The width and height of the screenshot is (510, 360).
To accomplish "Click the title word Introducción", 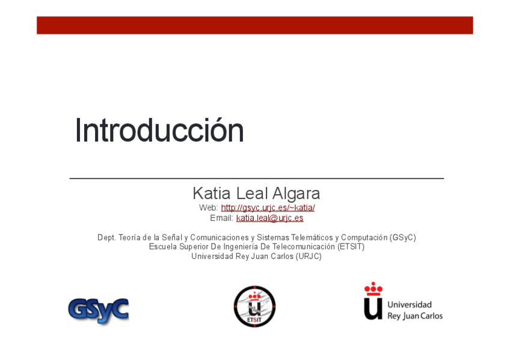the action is [159, 130].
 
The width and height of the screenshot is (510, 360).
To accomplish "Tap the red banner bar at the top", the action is [254, 25].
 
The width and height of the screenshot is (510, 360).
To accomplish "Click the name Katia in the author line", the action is [212, 194].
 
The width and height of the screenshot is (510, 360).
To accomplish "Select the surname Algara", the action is [296, 194].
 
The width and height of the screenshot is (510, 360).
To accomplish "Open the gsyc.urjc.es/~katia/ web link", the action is [268, 207].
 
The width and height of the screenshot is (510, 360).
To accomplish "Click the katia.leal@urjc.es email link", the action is [269, 218].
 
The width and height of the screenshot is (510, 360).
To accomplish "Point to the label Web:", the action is [209, 207].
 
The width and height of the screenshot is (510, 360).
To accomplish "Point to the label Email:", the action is [221, 218].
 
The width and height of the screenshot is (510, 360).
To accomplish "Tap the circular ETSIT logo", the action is [254, 307].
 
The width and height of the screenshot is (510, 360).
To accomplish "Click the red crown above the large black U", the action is [373, 289].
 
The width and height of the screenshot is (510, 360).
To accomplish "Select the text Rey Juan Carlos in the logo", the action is [415, 316].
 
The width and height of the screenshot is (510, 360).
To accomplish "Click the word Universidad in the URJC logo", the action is [410, 305].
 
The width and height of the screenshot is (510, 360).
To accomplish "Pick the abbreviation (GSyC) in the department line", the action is [403, 238].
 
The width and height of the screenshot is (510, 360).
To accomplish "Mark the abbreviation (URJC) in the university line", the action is [309, 257].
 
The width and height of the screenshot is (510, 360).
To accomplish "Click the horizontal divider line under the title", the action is [257, 178].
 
